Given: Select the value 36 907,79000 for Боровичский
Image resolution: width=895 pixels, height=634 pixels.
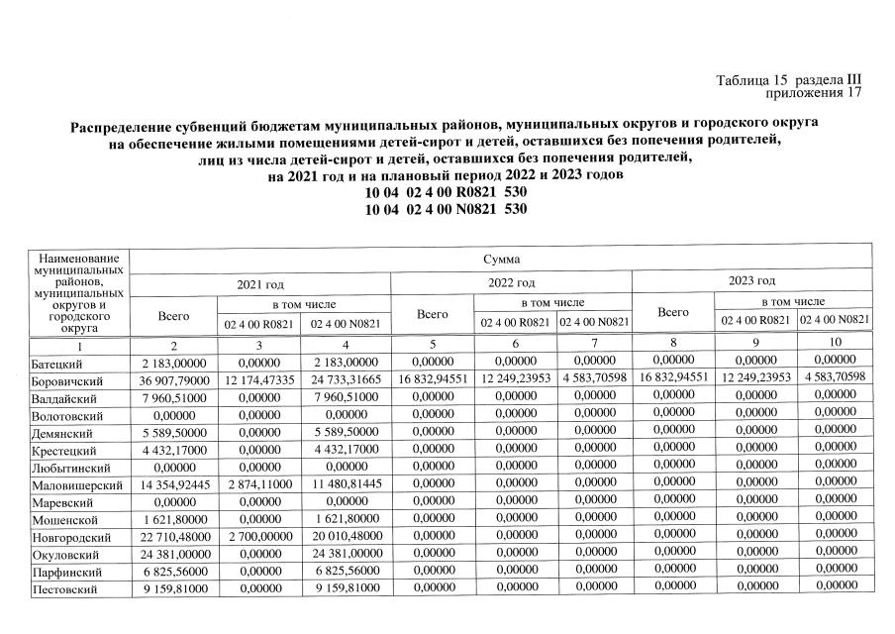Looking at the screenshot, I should point(173,381).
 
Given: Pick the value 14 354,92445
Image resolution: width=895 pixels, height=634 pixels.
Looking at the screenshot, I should point(173,485).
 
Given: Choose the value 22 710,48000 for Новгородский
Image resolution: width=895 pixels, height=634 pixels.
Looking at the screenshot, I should point(173,537).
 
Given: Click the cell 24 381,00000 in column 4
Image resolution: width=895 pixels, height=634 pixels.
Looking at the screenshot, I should point(347,555).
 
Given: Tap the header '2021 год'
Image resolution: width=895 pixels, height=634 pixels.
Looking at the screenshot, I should point(260,284).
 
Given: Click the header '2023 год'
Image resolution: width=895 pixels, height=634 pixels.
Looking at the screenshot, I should point(751,281).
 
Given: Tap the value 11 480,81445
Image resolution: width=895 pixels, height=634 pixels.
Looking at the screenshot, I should point(347,485).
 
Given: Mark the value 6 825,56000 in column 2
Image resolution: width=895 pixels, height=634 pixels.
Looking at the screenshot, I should point(173,573).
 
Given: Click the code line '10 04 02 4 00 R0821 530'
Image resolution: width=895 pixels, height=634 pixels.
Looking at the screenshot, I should point(446,193).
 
